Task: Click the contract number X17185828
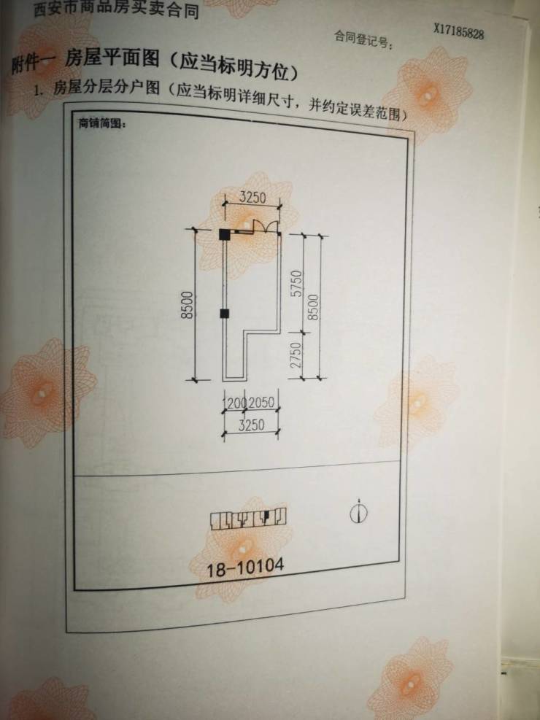[459, 31]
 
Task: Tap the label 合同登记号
[363, 37]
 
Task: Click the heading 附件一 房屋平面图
[153, 69]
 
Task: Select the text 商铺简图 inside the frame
[102, 123]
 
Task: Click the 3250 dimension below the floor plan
[251, 426]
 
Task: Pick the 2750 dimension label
[296, 355]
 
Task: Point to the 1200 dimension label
[234, 403]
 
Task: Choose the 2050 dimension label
[261, 403]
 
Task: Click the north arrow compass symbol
[358, 512]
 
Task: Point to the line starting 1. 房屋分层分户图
[219, 100]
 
